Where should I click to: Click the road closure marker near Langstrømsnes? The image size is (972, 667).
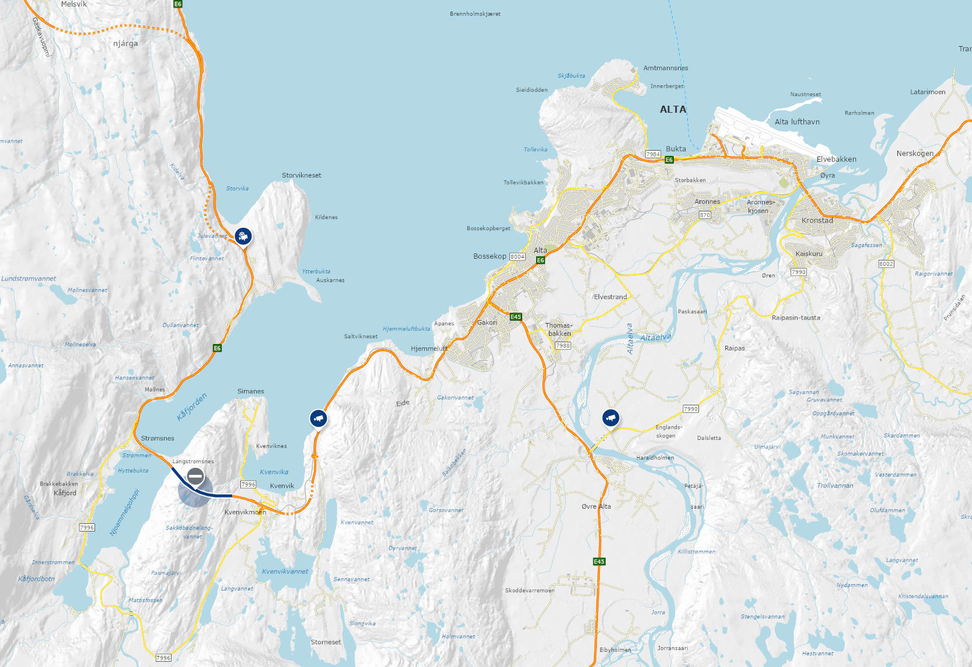coord(195,477)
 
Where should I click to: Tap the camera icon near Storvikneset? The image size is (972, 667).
coord(243,236)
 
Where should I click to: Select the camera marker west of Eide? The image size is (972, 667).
coord(318,418)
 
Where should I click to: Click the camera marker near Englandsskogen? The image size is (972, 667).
coord(611,418)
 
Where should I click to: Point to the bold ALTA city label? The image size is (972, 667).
coord(673,109)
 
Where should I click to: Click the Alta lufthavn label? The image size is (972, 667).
coord(797,121)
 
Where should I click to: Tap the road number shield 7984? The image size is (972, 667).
coord(653,154)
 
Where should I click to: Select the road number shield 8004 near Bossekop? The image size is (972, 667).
coord(517,256)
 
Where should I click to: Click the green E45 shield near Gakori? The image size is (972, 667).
coord(516,317)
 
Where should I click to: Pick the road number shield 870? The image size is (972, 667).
coord(705,215)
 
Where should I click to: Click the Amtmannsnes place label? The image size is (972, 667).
coord(666,68)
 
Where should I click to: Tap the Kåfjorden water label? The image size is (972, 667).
coord(192,407)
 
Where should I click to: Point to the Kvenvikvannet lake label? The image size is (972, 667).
coord(285,571)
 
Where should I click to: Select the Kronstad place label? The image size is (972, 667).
coord(817,220)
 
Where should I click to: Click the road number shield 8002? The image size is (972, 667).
coord(886,263)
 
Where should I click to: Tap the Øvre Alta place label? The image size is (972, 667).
coord(596,506)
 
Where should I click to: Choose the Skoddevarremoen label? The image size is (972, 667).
coord(530,590)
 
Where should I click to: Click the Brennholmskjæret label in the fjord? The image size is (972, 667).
coord(475,13)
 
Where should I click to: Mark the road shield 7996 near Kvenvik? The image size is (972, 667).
coord(249,484)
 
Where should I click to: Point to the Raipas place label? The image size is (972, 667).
coord(735,348)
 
